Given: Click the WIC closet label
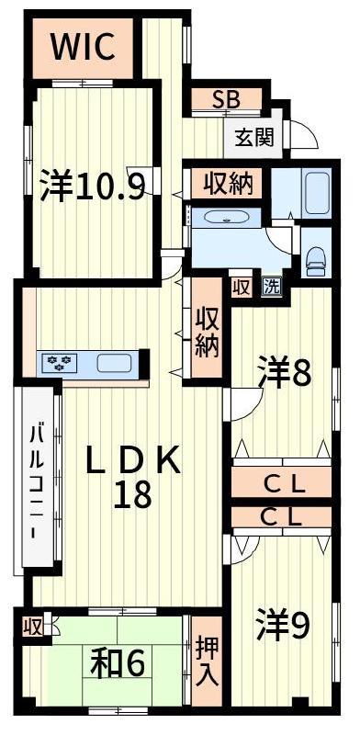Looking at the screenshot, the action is pyautogui.click(x=83, y=47).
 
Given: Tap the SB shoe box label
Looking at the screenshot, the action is pyautogui.click(x=226, y=99).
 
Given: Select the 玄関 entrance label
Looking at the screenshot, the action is pyautogui.click(x=254, y=137).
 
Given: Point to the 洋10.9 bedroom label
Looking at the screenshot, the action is pyautogui.click(x=92, y=186).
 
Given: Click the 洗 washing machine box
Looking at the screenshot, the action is pyautogui.click(x=272, y=287).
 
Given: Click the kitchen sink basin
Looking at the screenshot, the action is pyautogui.click(x=114, y=363).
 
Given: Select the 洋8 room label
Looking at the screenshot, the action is pyautogui.click(x=284, y=374).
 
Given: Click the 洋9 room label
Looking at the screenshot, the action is pyautogui.click(x=282, y=625).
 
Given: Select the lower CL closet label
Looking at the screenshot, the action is pyautogui.click(x=282, y=517).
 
